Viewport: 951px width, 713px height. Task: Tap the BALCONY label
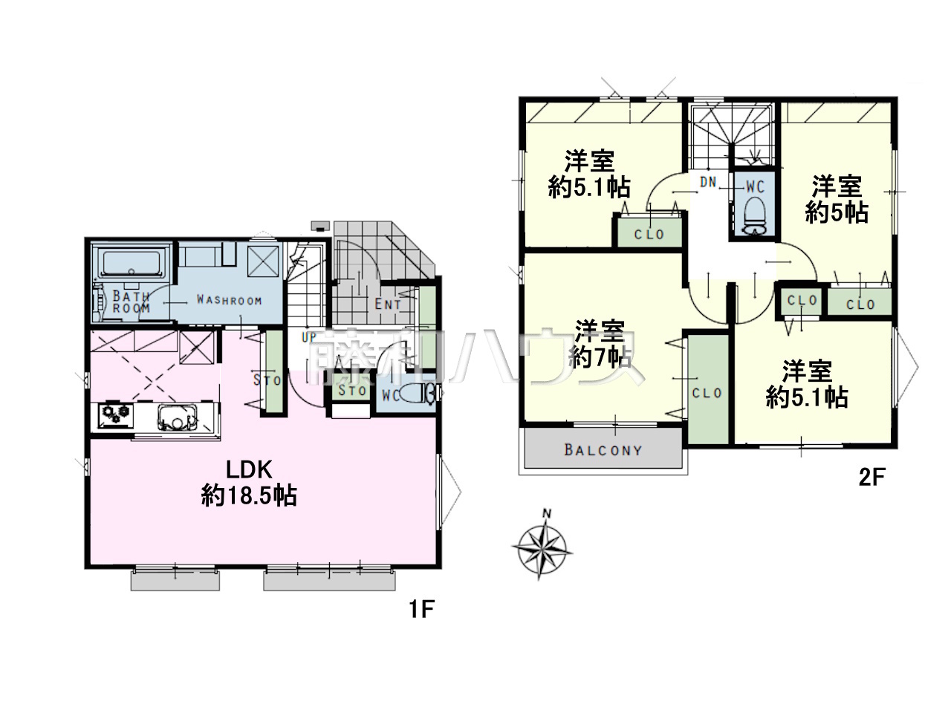(x=603, y=450)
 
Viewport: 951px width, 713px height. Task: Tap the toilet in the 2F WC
(x=755, y=216)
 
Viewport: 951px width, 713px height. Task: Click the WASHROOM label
(x=229, y=299)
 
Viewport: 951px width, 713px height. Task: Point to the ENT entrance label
(x=388, y=305)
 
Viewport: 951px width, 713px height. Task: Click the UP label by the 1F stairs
(x=309, y=337)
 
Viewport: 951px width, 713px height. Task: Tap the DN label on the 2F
(x=708, y=182)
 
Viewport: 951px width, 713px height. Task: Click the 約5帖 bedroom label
(x=837, y=200)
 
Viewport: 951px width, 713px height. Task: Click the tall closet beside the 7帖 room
(x=708, y=388)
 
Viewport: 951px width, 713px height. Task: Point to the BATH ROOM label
(x=132, y=302)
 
